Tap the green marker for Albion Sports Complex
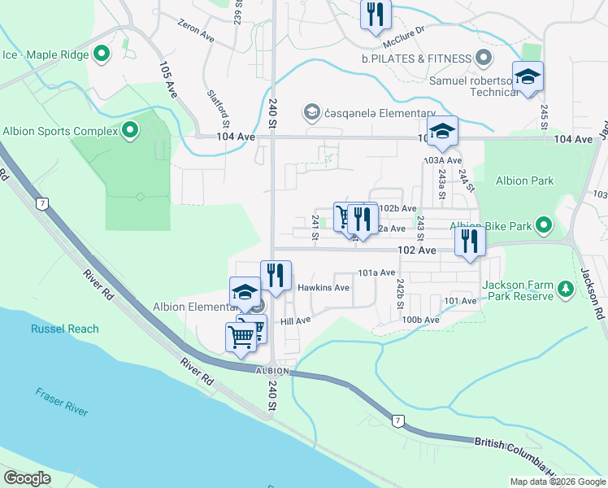click(130, 130)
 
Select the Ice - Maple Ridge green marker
click(102, 54)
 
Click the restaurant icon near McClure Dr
click(375, 14)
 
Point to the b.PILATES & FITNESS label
click(417, 59)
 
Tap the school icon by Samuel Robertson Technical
click(528, 77)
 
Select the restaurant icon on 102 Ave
click(470, 241)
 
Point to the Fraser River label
click(61, 402)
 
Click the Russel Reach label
click(65, 329)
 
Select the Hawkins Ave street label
click(323, 288)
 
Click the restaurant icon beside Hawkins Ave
click(276, 275)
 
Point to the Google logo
click(27, 478)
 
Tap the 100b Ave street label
click(420, 320)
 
